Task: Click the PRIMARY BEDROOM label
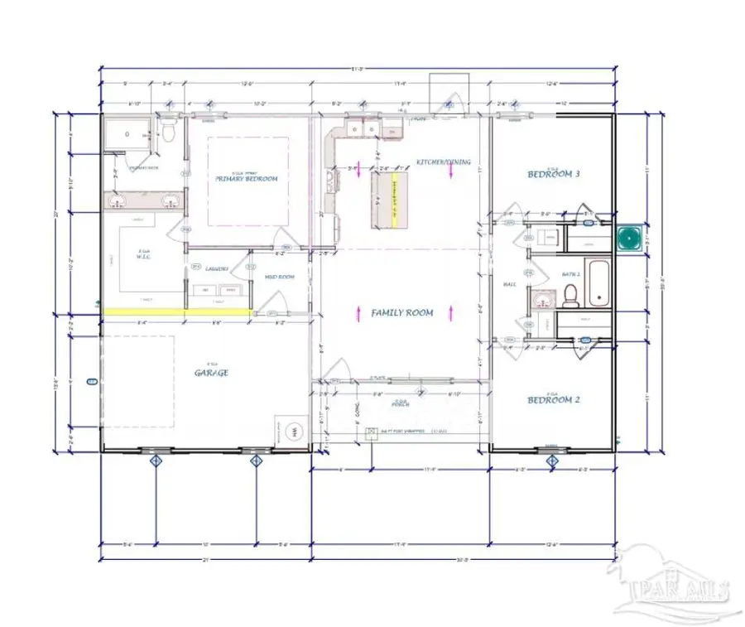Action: pyautogui.click(x=246, y=179)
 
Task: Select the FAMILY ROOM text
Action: pyautogui.click(x=402, y=313)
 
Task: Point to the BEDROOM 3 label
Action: pyautogui.click(x=554, y=175)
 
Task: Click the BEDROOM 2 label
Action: pyautogui.click(x=554, y=400)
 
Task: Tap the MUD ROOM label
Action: pyautogui.click(x=280, y=277)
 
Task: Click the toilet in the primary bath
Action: pyautogui.click(x=168, y=133)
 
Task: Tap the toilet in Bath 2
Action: pyautogui.click(x=570, y=295)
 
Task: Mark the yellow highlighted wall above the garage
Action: pyautogui.click(x=177, y=311)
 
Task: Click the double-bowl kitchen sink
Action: pyautogui.click(x=362, y=131)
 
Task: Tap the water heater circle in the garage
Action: pyautogui.click(x=293, y=432)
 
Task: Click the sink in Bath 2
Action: pyautogui.click(x=542, y=299)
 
